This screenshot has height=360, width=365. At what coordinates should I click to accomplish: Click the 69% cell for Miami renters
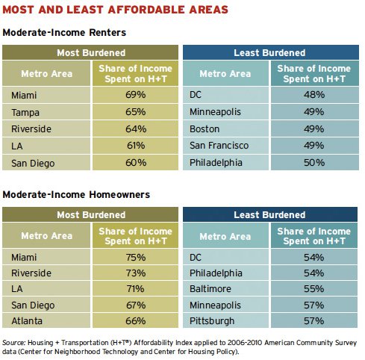pos(136,95)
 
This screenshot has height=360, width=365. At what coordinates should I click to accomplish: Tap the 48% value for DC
pos(314,95)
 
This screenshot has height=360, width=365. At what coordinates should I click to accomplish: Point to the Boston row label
pos(205,129)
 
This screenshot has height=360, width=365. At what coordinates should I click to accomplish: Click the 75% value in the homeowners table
pos(136,257)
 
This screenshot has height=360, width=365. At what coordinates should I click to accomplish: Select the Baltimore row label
pos(210,289)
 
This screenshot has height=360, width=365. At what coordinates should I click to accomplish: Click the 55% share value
pos(314,289)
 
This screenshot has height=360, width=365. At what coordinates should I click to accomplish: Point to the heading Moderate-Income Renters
pos(64,32)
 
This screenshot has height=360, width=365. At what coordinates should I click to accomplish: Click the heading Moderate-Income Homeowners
pos(76,194)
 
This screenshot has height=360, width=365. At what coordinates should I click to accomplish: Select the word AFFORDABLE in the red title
pos(146,10)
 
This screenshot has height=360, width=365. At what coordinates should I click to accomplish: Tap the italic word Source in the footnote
pos(13,343)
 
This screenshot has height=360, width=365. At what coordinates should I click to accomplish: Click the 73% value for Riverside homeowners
pos(136,273)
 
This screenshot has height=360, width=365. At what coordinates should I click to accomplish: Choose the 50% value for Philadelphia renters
pos(314,163)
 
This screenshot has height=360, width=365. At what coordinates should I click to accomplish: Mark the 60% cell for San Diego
pos(136,163)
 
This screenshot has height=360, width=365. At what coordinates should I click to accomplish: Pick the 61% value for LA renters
pos(136,146)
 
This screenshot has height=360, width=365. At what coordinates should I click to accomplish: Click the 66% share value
pos(136,321)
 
